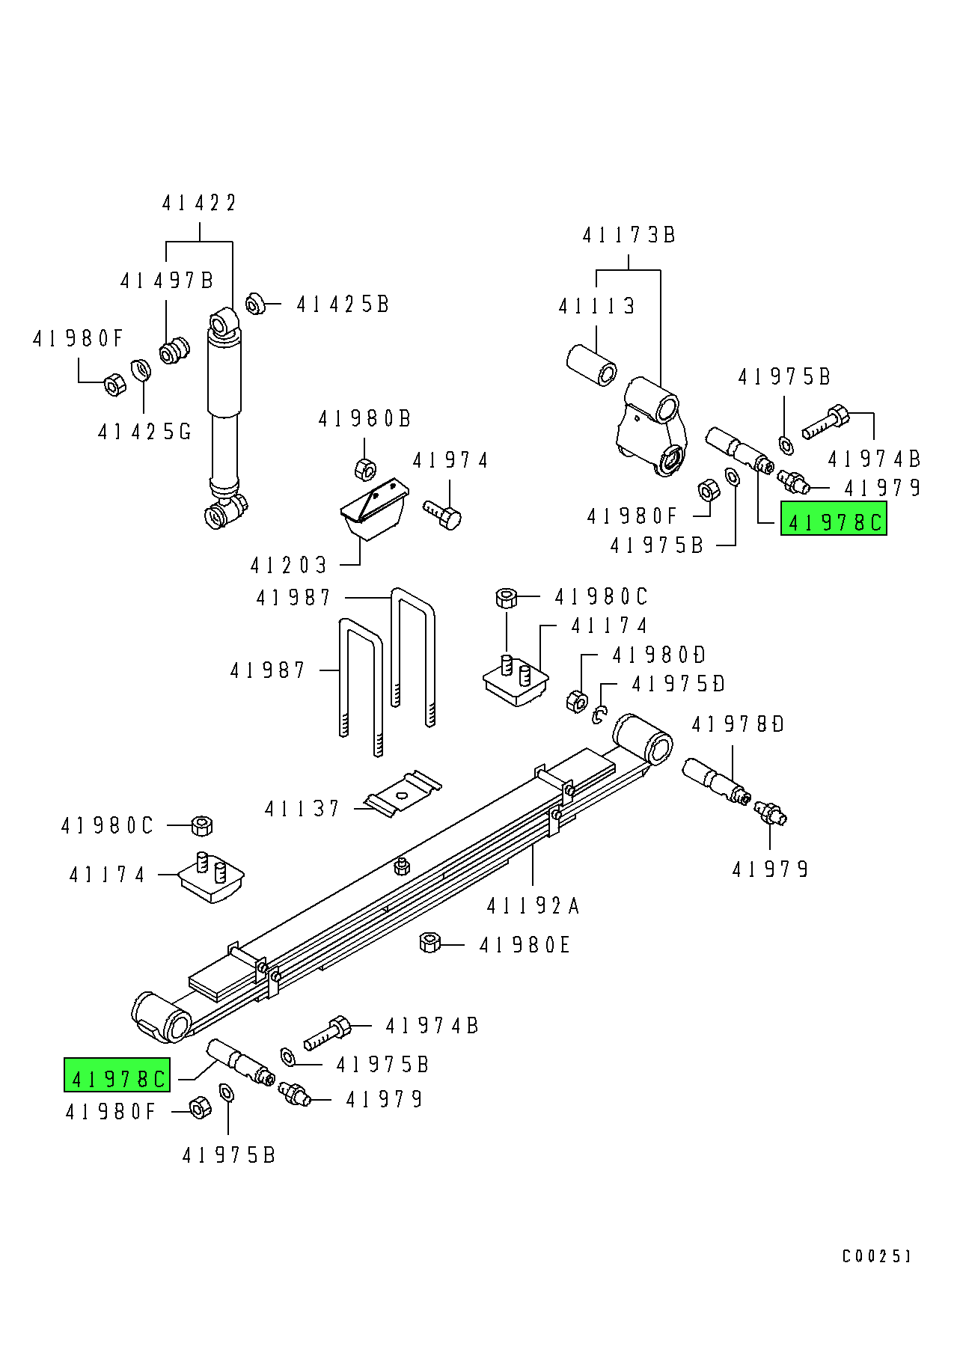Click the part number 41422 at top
pyautogui.click(x=199, y=203)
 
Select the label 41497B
pyautogui.click(x=167, y=281)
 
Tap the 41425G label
pyautogui.click(x=144, y=432)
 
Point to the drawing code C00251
pyautogui.click(x=876, y=1256)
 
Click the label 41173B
pyautogui.click(x=629, y=235)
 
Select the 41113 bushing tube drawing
pyautogui.click(x=591, y=364)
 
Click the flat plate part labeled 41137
pyautogui.click(x=403, y=793)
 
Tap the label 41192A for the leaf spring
pyautogui.click(x=533, y=906)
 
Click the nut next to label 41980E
pyautogui.click(x=429, y=943)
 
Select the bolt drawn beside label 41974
pyautogui.click(x=443, y=515)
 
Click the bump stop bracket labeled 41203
pyautogui.click(x=374, y=509)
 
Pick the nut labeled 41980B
pyautogui.click(x=364, y=469)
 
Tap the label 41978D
pyautogui.click(x=738, y=724)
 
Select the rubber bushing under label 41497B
pyautogui.click(x=174, y=350)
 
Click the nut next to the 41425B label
pyautogui.click(x=255, y=305)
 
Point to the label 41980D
pyautogui.click(x=658, y=655)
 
